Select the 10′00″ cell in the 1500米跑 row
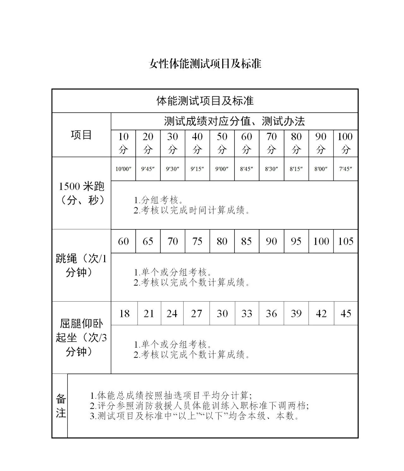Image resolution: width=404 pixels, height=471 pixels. click(x=123, y=169)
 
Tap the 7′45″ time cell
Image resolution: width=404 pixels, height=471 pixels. click(x=346, y=169)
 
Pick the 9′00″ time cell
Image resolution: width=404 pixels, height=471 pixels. click(x=222, y=169)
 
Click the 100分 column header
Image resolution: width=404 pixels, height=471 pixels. click(x=346, y=143)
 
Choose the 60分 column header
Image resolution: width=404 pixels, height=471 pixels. click(x=247, y=143)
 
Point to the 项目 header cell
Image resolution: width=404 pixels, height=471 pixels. click(x=81, y=135)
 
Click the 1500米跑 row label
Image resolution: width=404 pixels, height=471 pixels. click(x=81, y=193)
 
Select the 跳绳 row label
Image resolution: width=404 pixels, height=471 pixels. click(x=81, y=265)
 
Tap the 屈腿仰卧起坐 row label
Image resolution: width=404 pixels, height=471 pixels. click(x=81, y=337)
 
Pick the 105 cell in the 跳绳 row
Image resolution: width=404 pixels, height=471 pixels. click(x=346, y=241)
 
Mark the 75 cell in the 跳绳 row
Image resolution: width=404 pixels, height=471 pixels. click(x=197, y=241)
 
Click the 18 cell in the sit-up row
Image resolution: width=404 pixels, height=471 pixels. click(x=124, y=314)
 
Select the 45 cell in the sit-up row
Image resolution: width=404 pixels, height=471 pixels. click(x=346, y=314)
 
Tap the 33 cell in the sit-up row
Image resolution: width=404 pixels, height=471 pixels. click(x=247, y=314)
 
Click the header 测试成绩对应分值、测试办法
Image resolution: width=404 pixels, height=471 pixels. click(x=234, y=121)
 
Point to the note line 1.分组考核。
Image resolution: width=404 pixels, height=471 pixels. click(x=158, y=200)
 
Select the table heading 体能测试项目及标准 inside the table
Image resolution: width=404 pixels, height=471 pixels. click(x=205, y=101)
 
